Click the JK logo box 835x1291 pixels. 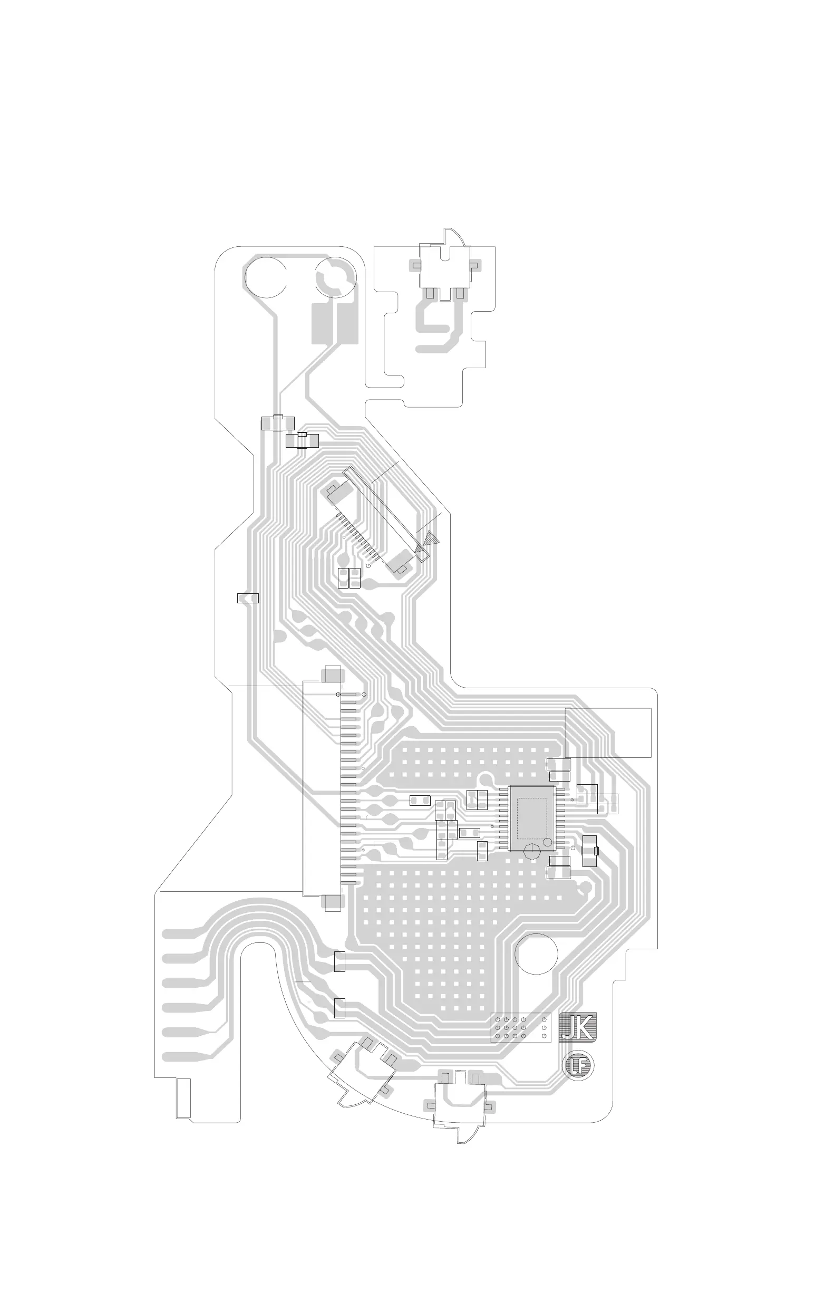coord(577,1027)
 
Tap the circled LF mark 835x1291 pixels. coord(578,1065)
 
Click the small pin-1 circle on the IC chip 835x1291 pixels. coord(548,842)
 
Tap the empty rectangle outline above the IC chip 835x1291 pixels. coord(608,733)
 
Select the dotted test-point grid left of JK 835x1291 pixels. coord(520,1027)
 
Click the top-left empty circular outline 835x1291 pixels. coord(266,277)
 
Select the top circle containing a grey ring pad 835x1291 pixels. coord(336,277)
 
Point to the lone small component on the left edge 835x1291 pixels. coord(248,599)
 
